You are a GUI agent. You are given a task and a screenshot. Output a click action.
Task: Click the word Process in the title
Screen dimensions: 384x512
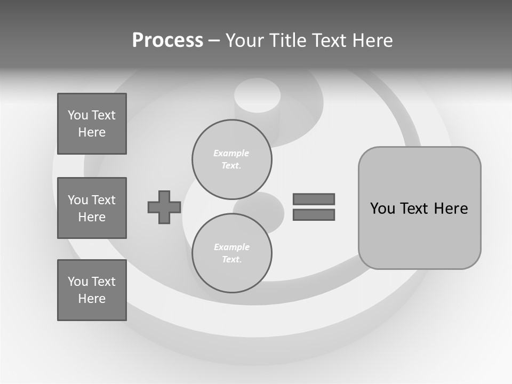click(x=167, y=41)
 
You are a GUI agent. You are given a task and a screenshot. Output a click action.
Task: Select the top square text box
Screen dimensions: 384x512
click(x=92, y=124)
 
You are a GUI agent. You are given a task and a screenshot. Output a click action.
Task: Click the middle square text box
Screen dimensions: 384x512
click(x=92, y=208)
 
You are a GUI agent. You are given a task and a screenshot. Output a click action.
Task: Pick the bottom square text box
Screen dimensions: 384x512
click(x=92, y=290)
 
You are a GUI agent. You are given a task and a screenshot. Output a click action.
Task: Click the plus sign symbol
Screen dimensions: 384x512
click(x=164, y=207)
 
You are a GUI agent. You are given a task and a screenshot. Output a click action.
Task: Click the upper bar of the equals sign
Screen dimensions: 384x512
click(x=314, y=199)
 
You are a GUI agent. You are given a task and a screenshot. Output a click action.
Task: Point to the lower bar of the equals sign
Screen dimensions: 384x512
click(x=314, y=214)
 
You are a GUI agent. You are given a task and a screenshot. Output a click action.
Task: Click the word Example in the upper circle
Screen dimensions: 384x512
click(x=231, y=153)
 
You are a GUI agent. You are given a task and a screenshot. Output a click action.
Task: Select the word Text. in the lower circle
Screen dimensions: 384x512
click(x=231, y=259)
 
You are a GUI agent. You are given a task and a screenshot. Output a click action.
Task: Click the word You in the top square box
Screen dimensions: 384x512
click(x=78, y=115)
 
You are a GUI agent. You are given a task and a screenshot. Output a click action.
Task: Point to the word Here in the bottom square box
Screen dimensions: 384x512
click(x=92, y=299)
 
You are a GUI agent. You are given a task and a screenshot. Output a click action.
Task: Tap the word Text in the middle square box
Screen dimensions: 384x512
click(x=103, y=200)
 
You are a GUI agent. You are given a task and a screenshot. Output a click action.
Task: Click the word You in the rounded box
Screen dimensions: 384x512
click(x=382, y=209)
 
